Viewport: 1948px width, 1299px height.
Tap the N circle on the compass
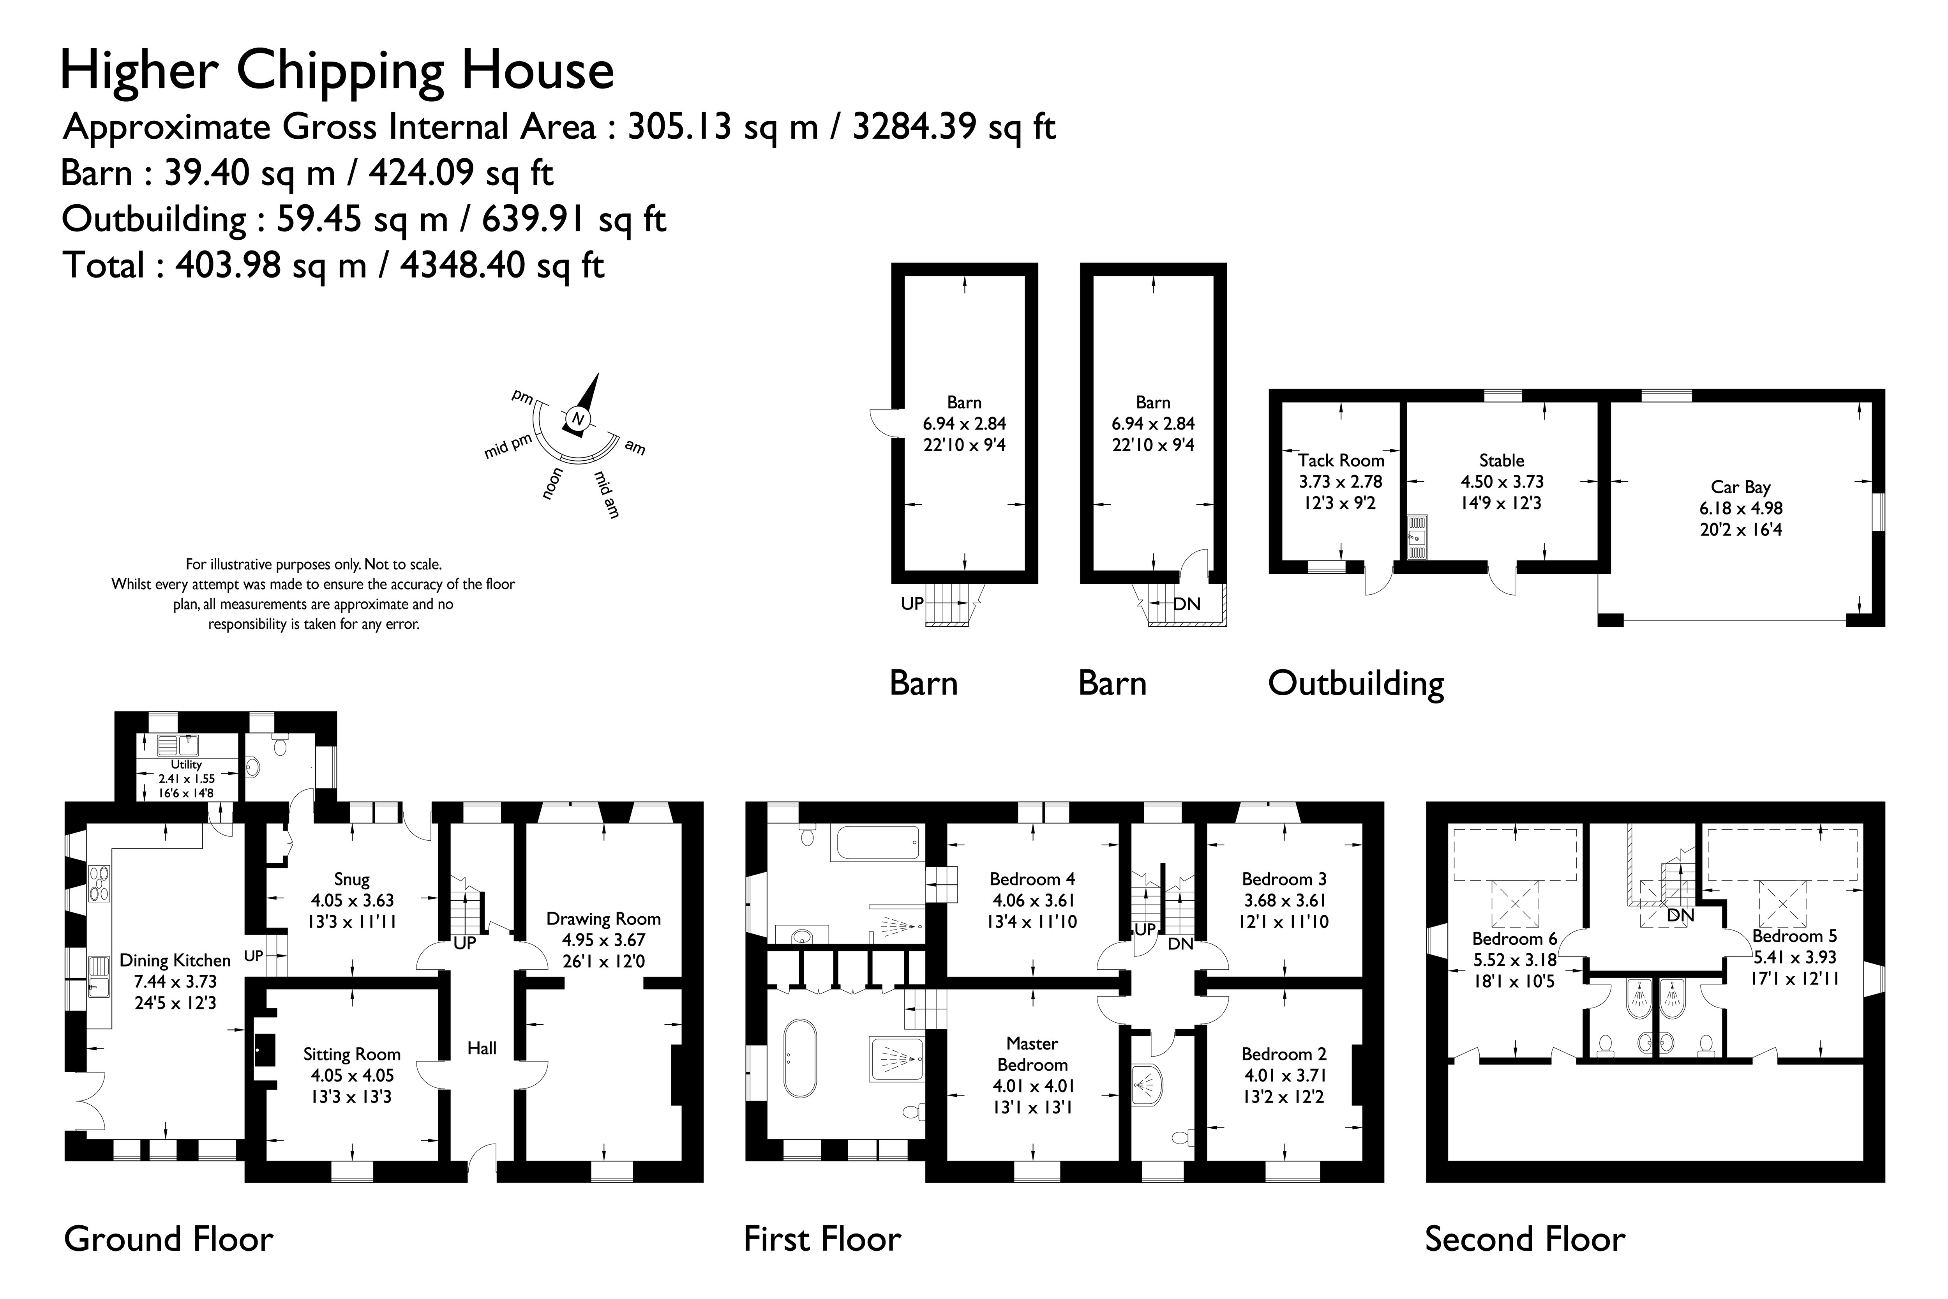pyautogui.click(x=578, y=419)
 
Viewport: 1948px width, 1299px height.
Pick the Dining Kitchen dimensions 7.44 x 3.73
pyautogui.click(x=175, y=982)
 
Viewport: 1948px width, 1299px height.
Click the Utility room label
pyautogui.click(x=186, y=765)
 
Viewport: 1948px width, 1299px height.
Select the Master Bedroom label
pyautogui.click(x=1032, y=1054)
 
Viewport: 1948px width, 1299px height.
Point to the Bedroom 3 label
pyautogui.click(x=1284, y=879)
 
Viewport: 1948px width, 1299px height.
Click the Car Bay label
pyautogui.click(x=1741, y=487)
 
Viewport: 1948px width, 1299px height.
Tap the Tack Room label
pyautogui.click(x=1341, y=461)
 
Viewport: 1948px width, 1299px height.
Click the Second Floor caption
pyautogui.click(x=1525, y=1239)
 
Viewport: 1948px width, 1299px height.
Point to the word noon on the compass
pyautogui.click(x=552, y=484)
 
